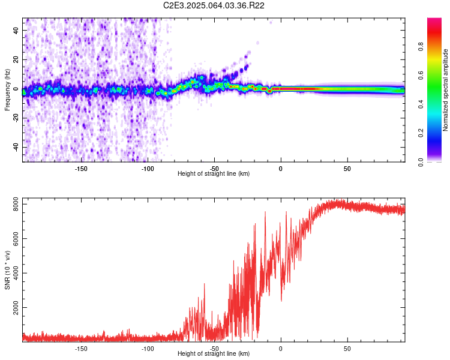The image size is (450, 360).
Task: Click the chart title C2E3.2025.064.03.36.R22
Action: [x=214, y=5]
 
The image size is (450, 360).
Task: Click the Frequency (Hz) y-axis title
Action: [x=7, y=90]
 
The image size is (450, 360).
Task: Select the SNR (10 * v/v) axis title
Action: [x=7, y=269]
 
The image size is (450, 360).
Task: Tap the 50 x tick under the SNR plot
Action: [x=347, y=348]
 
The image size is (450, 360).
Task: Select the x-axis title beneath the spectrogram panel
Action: [x=214, y=174]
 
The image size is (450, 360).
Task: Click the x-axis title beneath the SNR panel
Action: [x=214, y=353]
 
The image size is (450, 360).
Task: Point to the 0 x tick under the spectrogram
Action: [x=281, y=169]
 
